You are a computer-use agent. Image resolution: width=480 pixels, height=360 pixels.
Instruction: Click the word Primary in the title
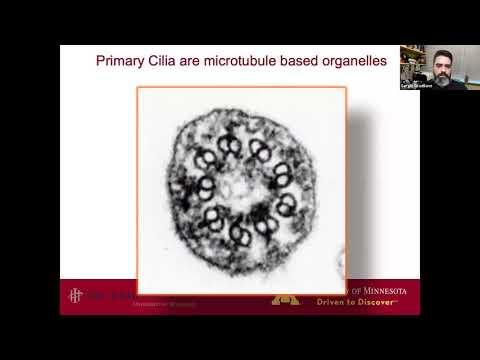click(122, 61)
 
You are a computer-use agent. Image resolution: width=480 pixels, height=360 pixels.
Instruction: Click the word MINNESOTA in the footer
click(390, 289)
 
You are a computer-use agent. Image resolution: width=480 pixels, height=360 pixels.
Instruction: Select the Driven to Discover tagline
click(361, 300)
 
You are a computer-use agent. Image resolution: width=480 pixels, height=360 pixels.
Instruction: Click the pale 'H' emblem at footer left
click(74, 296)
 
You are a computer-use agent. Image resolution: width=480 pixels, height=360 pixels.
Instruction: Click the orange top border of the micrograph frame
click(241, 88)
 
